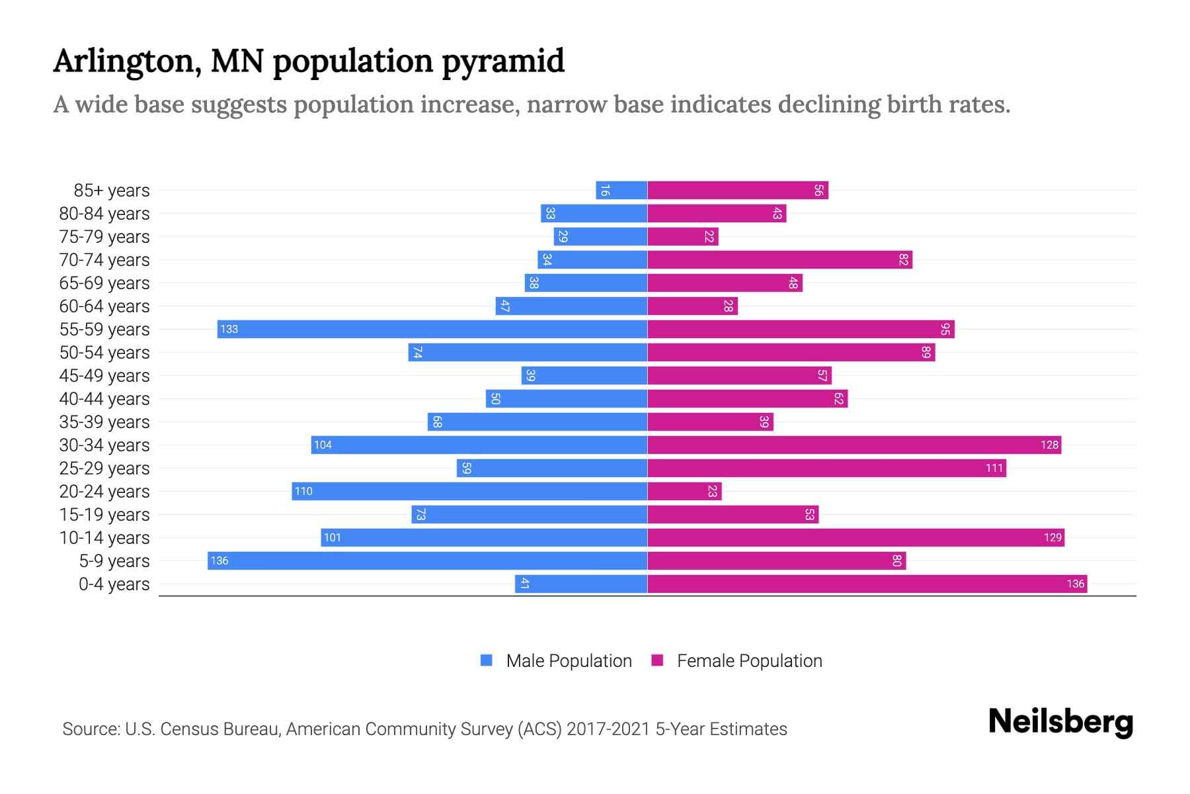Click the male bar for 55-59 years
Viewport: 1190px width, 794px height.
(432, 329)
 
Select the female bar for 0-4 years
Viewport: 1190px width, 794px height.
(867, 584)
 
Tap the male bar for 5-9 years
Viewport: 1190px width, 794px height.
(427, 560)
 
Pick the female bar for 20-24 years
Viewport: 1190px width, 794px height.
(684, 491)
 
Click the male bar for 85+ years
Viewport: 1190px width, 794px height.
(621, 190)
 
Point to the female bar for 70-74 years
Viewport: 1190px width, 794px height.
(780, 259)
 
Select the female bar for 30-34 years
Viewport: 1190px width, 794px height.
(854, 445)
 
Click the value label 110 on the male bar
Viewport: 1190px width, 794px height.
(303, 491)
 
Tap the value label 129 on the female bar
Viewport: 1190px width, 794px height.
(1052, 537)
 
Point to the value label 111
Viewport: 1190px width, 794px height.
(994, 468)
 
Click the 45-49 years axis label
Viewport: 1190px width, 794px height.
(104, 375)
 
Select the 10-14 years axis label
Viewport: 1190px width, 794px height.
(104, 537)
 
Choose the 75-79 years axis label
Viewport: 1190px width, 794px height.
(104, 236)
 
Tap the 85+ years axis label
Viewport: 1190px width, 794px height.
(112, 190)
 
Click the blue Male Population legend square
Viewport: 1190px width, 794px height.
(487, 660)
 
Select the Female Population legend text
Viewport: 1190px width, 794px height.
(749, 660)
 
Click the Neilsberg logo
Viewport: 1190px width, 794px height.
(1060, 722)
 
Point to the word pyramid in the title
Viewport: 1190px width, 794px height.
(502, 62)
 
